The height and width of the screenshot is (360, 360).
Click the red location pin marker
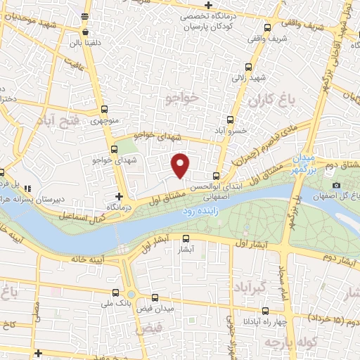(181, 165)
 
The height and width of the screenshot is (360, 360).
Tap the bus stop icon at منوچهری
(105, 109)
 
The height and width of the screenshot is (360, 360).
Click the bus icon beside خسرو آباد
(229, 120)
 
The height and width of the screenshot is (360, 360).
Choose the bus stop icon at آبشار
(186, 238)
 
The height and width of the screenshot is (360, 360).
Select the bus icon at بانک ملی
(115, 292)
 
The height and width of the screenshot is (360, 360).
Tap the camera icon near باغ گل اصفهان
(337, 185)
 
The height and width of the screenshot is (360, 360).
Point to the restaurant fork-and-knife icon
(27, 188)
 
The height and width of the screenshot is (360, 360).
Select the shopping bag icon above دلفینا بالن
(85, 32)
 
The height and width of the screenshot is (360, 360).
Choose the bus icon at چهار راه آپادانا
(264, 310)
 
